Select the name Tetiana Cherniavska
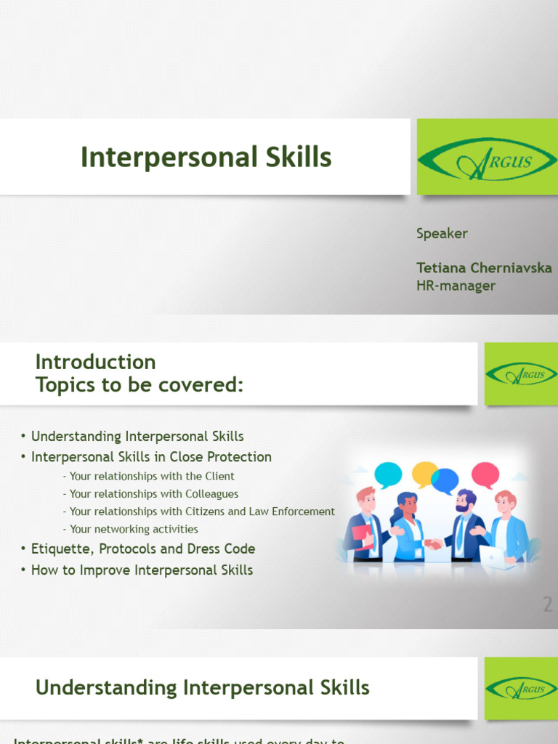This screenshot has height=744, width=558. (x=484, y=267)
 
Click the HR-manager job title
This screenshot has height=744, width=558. (x=456, y=286)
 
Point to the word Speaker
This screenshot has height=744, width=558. (x=442, y=233)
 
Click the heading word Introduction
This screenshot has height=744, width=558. (x=95, y=362)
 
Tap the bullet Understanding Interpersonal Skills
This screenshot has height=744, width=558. (x=137, y=436)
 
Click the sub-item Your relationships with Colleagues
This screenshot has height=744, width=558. (x=154, y=494)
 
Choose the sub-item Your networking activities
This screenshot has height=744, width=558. (x=134, y=529)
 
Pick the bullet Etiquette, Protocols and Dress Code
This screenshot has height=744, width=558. (x=143, y=549)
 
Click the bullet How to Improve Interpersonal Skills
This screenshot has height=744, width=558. (x=142, y=570)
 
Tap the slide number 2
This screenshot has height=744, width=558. (x=548, y=604)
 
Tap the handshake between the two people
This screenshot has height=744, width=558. (x=434, y=543)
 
